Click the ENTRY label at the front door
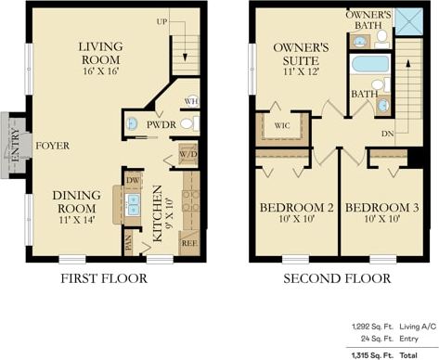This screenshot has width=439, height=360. click(14, 145)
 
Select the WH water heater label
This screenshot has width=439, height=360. click(191, 101)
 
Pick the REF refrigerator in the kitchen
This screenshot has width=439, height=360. click(188, 243)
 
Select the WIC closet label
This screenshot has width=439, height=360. click(279, 127)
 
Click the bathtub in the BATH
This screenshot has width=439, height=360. click(370, 65)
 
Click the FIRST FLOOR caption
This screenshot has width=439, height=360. click(103, 278)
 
